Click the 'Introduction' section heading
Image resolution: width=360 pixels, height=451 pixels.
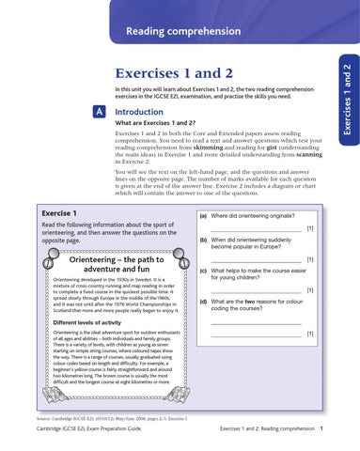(144, 112)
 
